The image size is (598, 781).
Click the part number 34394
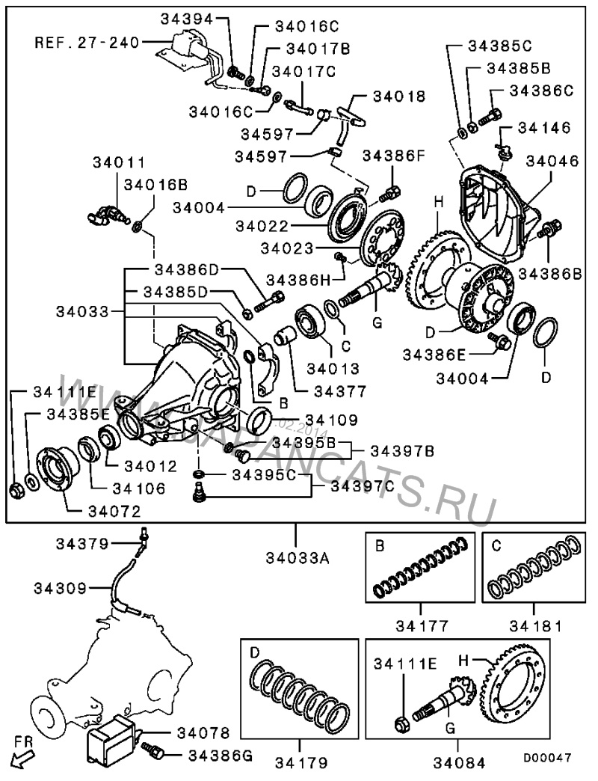click(x=183, y=18)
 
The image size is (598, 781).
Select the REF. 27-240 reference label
click(x=87, y=42)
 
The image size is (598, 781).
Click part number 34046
click(x=552, y=160)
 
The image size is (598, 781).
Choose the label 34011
click(x=119, y=162)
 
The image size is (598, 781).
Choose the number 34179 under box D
click(x=299, y=763)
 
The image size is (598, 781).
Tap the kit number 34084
click(x=458, y=763)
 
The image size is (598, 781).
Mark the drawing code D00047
click(x=547, y=758)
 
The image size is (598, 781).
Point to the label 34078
click(x=203, y=732)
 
